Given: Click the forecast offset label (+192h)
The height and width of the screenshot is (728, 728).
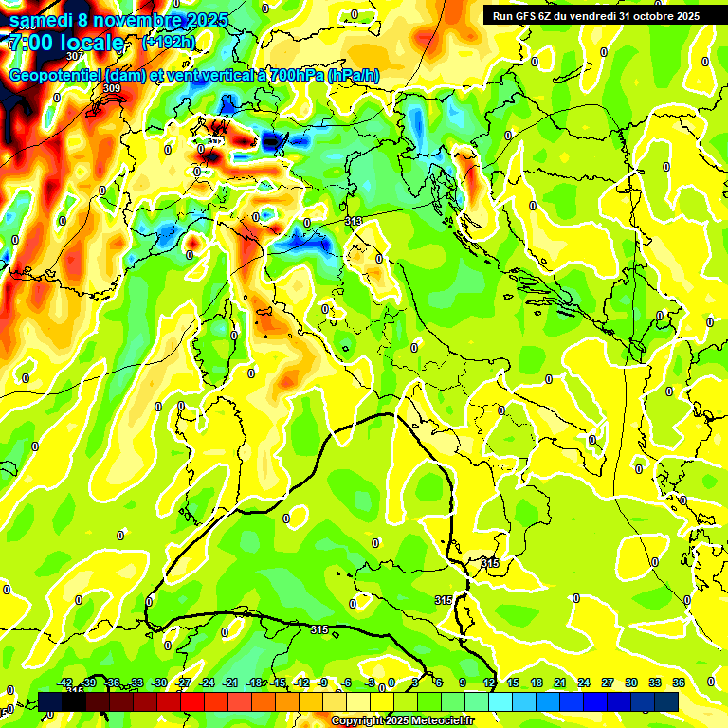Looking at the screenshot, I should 169,43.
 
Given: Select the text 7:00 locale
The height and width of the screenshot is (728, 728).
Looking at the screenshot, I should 65,43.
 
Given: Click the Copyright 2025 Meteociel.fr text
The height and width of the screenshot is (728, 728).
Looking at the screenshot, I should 402,721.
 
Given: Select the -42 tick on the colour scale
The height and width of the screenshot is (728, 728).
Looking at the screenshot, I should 65,682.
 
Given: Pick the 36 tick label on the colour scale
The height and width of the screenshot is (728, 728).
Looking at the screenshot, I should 679,682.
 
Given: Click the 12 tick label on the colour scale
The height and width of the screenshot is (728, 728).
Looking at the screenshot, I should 489,682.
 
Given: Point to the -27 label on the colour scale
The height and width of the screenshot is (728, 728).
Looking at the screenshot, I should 183,682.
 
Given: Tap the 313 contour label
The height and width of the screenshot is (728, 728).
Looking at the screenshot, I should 354,221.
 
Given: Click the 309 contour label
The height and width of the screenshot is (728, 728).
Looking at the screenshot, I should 112,88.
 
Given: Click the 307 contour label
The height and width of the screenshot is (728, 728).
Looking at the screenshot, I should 74,82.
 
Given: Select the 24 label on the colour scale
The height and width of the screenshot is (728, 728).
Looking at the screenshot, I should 584,682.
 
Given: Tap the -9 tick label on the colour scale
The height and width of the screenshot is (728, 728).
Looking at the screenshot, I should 322,682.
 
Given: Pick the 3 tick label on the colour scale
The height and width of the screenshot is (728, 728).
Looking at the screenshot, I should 415,682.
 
